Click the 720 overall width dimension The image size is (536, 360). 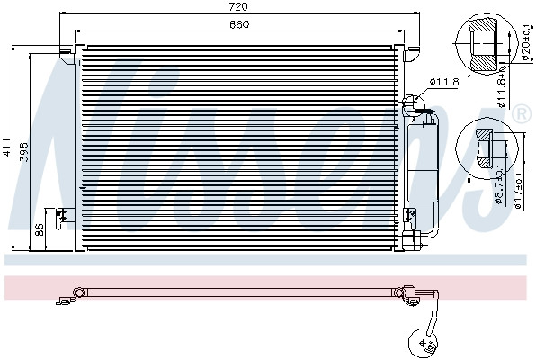239,6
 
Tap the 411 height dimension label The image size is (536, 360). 7,147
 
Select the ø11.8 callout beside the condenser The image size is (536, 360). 444,82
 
